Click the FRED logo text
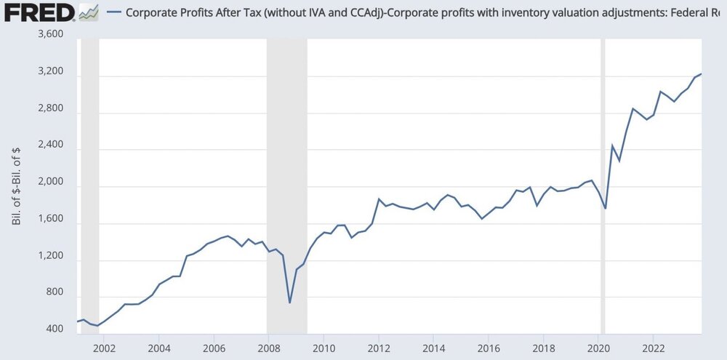(38, 12)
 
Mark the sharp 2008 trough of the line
(289, 303)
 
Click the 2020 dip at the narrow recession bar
(605, 209)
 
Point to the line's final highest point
(721, 74)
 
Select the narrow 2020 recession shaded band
(603, 182)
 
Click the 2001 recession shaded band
(90, 182)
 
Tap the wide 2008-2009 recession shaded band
(287, 182)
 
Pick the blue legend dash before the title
(113, 12)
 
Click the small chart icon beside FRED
(89, 12)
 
